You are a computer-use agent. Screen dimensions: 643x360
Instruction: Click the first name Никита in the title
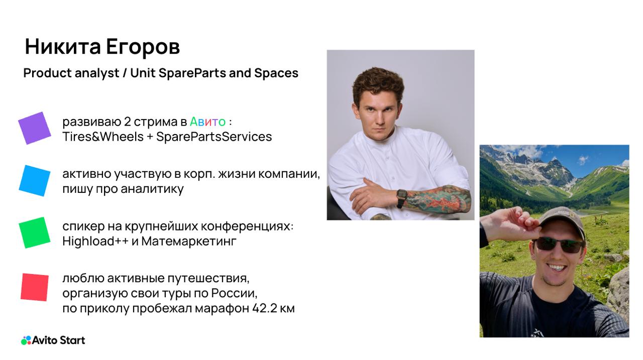(63, 47)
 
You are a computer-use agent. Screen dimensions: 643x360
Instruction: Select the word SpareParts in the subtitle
(192, 73)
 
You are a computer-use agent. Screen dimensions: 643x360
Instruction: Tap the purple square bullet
(35, 128)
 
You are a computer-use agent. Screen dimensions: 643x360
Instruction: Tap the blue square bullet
(35, 181)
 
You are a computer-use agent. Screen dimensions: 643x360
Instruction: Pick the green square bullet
(35, 232)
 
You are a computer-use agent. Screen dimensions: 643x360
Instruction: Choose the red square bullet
(35, 287)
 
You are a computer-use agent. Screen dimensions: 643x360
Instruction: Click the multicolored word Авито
(207, 122)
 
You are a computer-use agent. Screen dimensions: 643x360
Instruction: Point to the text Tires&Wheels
(103, 137)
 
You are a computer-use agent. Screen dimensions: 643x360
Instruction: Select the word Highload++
(95, 241)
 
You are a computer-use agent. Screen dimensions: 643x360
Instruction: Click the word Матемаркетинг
(189, 241)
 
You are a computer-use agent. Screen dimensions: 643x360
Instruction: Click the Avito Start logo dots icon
(26, 340)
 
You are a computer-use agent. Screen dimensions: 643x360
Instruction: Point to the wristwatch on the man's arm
(402, 198)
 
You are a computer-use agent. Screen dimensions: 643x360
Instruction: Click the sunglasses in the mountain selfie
(559, 245)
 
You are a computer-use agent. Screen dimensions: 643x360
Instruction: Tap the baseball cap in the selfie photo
(562, 221)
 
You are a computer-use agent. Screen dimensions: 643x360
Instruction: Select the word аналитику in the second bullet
(152, 189)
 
